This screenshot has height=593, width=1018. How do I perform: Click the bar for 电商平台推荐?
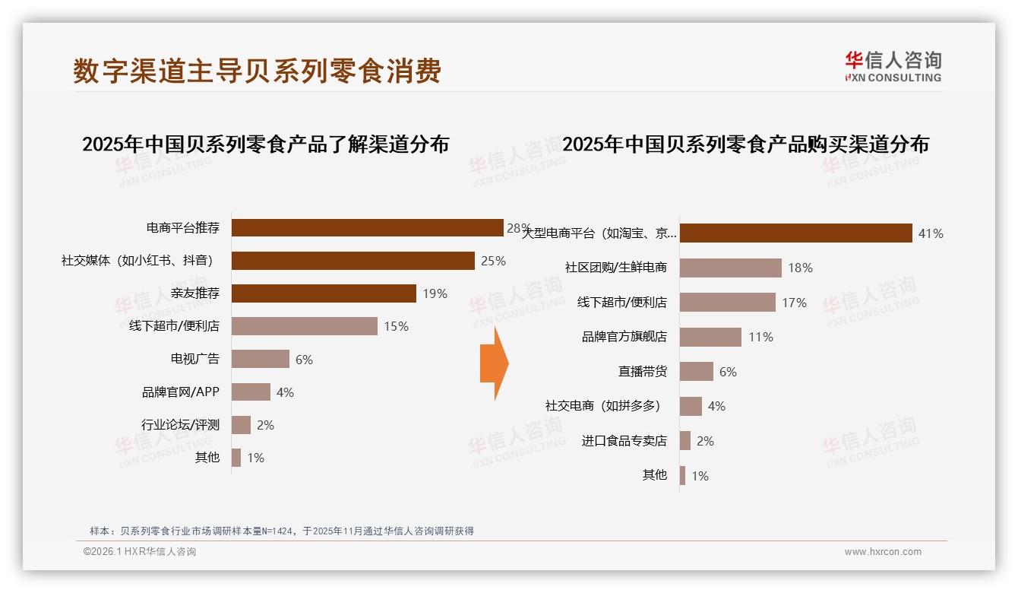tap(367, 228)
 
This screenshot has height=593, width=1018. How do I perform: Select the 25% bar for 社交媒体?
tap(353, 261)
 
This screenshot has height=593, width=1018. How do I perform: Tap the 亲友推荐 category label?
tap(195, 293)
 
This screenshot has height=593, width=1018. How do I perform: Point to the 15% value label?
tap(396, 326)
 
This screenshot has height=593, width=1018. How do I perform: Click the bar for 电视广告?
tap(260, 359)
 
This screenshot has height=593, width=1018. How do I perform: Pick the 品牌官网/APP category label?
tap(180, 392)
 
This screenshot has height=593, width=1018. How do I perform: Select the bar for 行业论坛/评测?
tap(241, 425)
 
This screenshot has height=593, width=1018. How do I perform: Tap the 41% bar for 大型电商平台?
tap(795, 233)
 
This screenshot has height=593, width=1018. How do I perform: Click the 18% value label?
tap(800, 268)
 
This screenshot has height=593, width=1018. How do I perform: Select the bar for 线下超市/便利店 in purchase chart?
tap(727, 303)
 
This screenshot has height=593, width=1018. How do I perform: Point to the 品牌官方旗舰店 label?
tap(624, 337)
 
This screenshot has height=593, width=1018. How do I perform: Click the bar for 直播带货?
tap(696, 372)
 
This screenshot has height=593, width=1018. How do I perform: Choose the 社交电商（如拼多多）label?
tap(602, 406)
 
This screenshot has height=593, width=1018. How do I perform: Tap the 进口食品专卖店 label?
tap(624, 441)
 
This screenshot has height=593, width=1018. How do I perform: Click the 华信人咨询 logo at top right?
tap(893, 67)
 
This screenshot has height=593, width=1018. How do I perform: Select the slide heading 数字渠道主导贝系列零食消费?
tap(257, 71)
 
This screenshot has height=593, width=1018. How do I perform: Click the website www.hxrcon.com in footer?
tap(883, 552)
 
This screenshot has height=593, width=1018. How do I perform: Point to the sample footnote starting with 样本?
tap(281, 531)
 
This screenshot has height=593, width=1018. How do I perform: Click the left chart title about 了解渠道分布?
tap(265, 144)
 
